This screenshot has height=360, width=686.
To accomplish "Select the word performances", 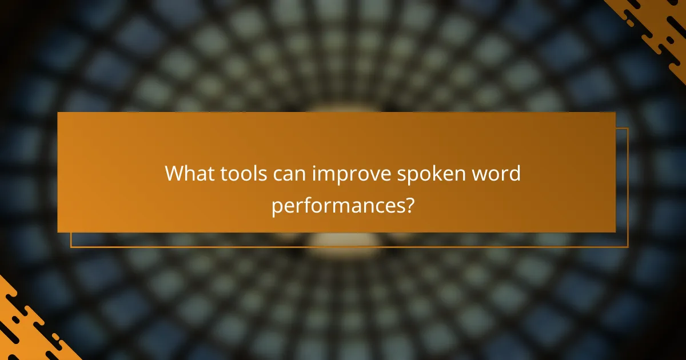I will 337,206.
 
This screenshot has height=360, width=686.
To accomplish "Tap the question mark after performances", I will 409,205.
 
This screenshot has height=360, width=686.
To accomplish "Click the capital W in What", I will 174,174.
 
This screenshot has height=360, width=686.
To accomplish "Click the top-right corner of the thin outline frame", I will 628,129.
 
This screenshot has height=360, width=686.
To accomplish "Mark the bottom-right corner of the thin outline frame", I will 628,247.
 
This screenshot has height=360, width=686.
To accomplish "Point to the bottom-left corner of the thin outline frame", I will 71,247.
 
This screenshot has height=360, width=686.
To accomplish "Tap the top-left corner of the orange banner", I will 58,113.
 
